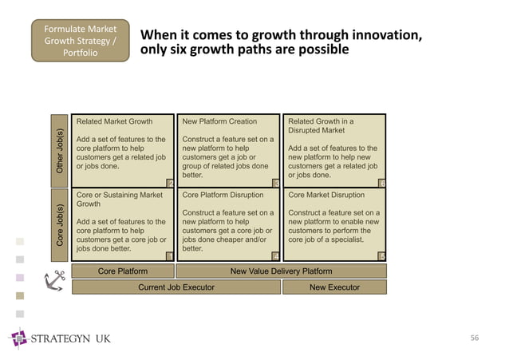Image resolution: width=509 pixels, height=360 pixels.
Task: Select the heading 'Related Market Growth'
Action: click(x=113, y=122)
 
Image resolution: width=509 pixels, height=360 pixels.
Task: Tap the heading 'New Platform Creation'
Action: click(x=219, y=122)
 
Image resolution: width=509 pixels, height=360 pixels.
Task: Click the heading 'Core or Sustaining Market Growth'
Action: click(x=119, y=199)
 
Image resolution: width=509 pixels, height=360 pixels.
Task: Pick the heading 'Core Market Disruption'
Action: click(x=326, y=194)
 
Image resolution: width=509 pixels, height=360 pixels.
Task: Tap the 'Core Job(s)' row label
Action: click(x=59, y=224)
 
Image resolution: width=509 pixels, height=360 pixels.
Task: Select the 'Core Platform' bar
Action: click(x=122, y=271)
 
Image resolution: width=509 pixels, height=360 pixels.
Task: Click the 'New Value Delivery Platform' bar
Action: click(x=281, y=271)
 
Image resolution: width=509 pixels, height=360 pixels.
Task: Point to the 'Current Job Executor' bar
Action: click(x=176, y=287)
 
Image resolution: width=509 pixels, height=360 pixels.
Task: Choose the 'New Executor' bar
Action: click(x=334, y=287)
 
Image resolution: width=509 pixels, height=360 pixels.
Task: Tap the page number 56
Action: click(x=474, y=338)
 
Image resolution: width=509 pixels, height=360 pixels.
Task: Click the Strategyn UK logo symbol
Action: click(x=18, y=338)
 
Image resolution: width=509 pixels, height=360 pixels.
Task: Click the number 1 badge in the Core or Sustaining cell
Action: click(x=169, y=255)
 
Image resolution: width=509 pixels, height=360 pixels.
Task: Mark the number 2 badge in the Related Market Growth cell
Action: click(x=169, y=183)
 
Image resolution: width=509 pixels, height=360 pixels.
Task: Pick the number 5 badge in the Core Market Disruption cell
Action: click(x=382, y=255)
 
